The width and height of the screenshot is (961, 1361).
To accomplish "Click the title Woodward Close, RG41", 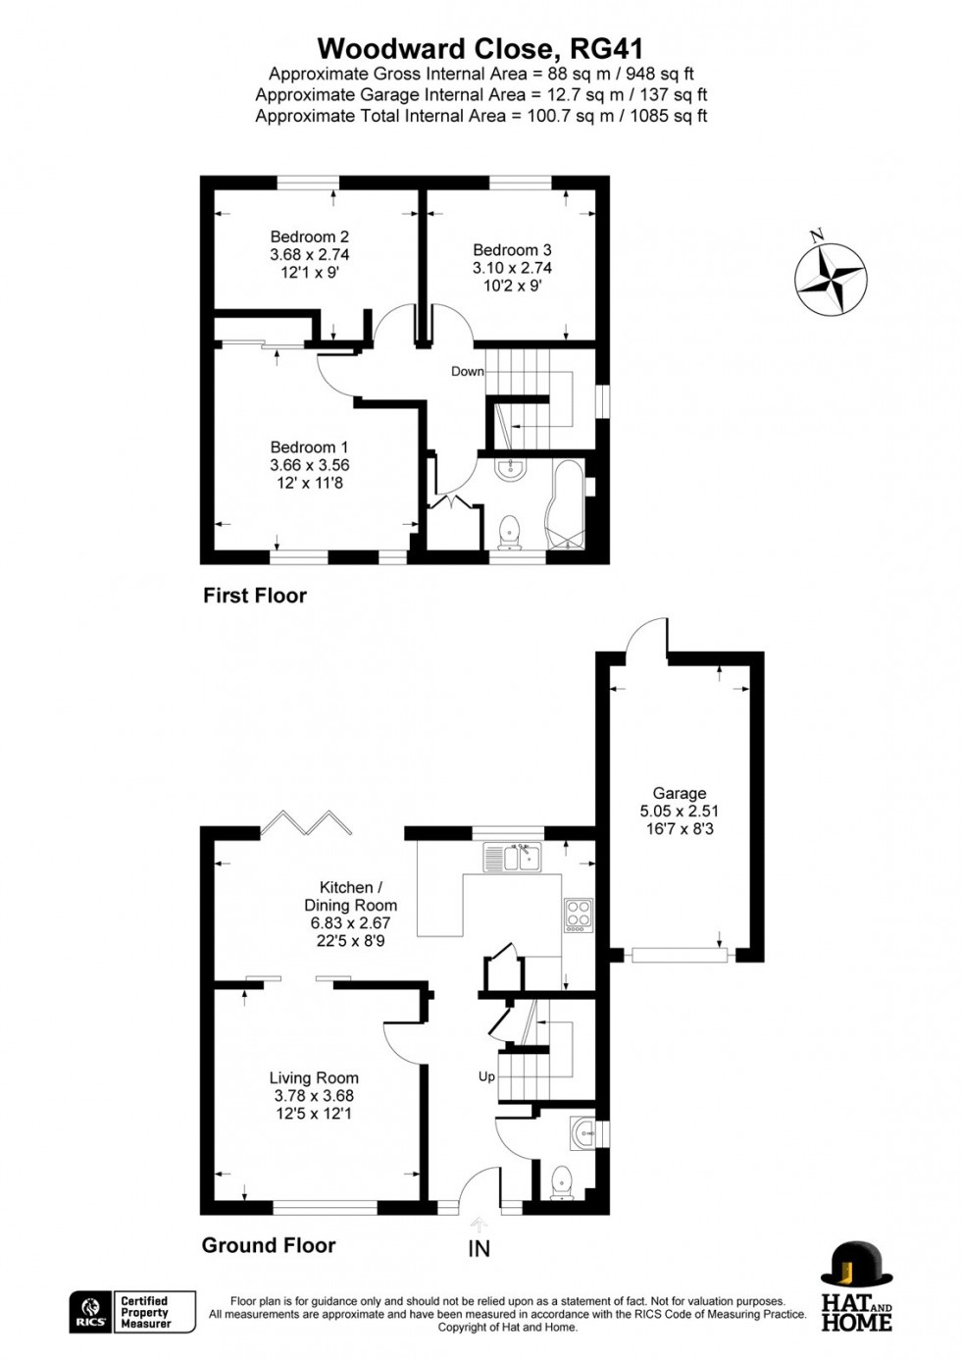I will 480,48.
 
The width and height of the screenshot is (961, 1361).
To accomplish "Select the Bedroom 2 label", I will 309,236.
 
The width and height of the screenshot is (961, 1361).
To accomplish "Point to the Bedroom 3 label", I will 512,250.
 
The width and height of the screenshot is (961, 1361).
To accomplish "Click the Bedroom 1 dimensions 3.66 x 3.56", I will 309,465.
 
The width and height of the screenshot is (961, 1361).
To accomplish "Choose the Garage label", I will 679,793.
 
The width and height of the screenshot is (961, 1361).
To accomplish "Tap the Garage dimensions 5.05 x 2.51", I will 679,811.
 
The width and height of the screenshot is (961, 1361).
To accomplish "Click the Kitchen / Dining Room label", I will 350,896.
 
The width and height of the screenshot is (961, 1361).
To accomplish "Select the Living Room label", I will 314,1077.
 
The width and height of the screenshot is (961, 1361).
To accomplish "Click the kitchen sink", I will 513,859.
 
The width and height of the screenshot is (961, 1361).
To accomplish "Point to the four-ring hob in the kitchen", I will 578,914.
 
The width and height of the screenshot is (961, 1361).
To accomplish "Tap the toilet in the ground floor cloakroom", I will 562,1181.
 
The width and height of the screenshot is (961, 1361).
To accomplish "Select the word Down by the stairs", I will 467,371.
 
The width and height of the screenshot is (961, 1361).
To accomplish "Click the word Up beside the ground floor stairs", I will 486,1076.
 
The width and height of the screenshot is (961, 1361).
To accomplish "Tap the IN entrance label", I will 479,1249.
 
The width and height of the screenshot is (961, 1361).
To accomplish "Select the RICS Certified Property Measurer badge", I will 132,1312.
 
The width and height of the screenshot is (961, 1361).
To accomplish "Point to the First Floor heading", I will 254,596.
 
